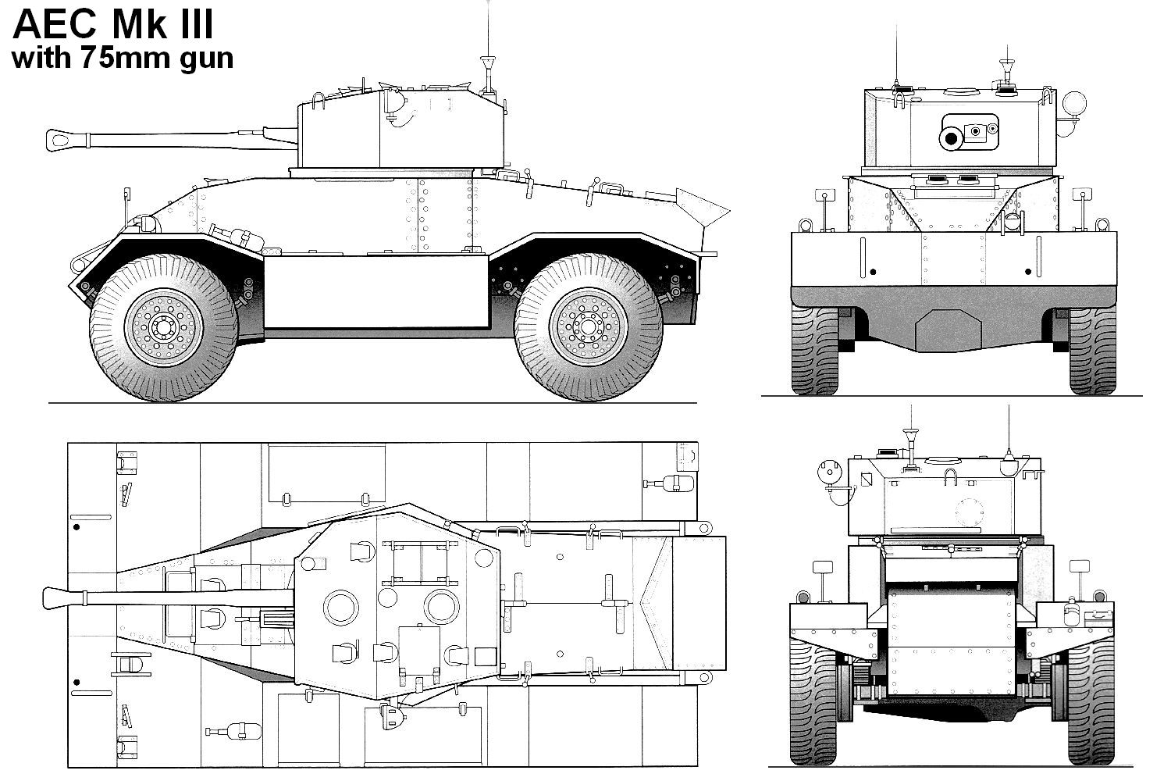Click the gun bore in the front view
(x=950, y=139)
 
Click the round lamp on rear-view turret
(x=826, y=472)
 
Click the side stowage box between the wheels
(x=375, y=291)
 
